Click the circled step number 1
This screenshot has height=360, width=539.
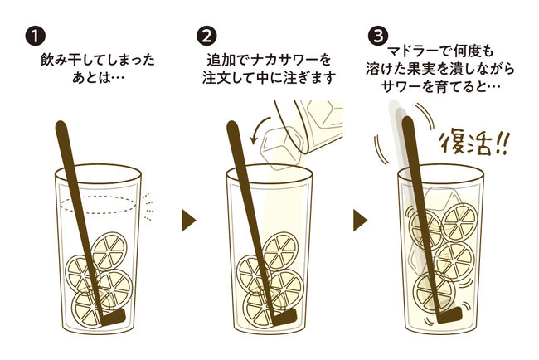[x=35, y=36]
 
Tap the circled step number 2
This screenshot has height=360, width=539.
[x=206, y=36]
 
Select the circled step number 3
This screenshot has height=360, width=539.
[x=378, y=36]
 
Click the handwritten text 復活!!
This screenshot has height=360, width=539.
[x=473, y=144]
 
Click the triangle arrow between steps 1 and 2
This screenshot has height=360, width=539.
[x=189, y=220]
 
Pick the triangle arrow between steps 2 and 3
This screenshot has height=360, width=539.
[x=360, y=220]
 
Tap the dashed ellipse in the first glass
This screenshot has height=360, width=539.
[x=99, y=205]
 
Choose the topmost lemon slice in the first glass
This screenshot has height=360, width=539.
[x=109, y=251]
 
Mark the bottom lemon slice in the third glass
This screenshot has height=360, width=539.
[x=435, y=292]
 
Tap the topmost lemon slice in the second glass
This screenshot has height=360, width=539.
[x=281, y=251]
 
